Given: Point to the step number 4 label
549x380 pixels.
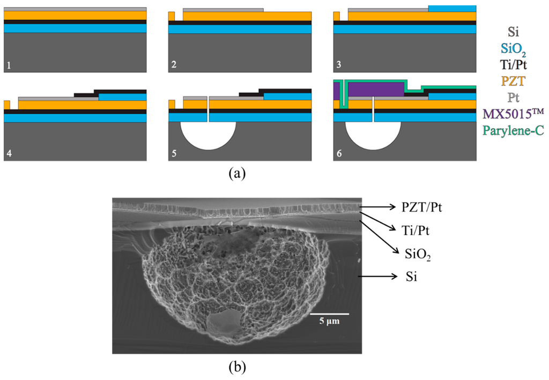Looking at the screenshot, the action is click(9, 154).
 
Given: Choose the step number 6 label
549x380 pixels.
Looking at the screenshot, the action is click(338, 154).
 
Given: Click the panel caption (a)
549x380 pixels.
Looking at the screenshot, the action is click(237, 173).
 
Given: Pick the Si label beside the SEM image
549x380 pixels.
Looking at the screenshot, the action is click(411, 277).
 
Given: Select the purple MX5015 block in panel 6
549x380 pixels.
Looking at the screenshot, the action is click(375, 89).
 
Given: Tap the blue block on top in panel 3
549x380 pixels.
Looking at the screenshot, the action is click(452, 8).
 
